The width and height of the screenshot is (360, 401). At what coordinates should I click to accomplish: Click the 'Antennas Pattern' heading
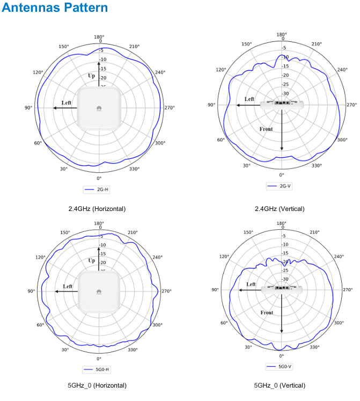[x=55, y=9]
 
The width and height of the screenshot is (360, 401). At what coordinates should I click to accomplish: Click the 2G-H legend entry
[x=99, y=189]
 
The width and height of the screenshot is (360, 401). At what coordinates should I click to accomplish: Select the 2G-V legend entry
[x=281, y=186]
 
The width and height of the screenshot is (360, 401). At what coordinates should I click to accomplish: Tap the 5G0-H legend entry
[x=99, y=369]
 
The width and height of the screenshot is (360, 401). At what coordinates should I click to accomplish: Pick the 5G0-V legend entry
[x=281, y=366]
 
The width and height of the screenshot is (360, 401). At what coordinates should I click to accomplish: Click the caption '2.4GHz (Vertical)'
[x=280, y=208]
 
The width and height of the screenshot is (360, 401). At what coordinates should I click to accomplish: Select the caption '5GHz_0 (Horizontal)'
[x=97, y=385]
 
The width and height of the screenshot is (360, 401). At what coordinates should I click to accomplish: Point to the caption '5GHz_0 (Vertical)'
[x=280, y=385]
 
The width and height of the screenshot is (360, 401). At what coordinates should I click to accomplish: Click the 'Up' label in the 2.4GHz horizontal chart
[x=91, y=76]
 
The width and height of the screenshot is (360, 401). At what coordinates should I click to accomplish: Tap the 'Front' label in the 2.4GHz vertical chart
[x=266, y=129]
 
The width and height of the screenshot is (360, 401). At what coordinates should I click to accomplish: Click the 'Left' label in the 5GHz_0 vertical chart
[x=251, y=285]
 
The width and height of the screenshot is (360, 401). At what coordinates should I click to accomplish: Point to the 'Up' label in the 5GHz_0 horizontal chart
[x=91, y=260]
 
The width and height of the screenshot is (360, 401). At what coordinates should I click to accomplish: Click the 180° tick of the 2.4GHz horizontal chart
[x=99, y=37]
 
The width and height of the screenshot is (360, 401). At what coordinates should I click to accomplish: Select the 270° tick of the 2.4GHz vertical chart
[x=351, y=105]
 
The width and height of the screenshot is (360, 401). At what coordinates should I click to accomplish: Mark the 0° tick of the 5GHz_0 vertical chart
[x=281, y=356]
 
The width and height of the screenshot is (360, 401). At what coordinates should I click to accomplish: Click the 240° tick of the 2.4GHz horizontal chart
[x=160, y=72]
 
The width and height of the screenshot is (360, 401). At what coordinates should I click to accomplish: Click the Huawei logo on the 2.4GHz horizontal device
[x=99, y=108]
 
